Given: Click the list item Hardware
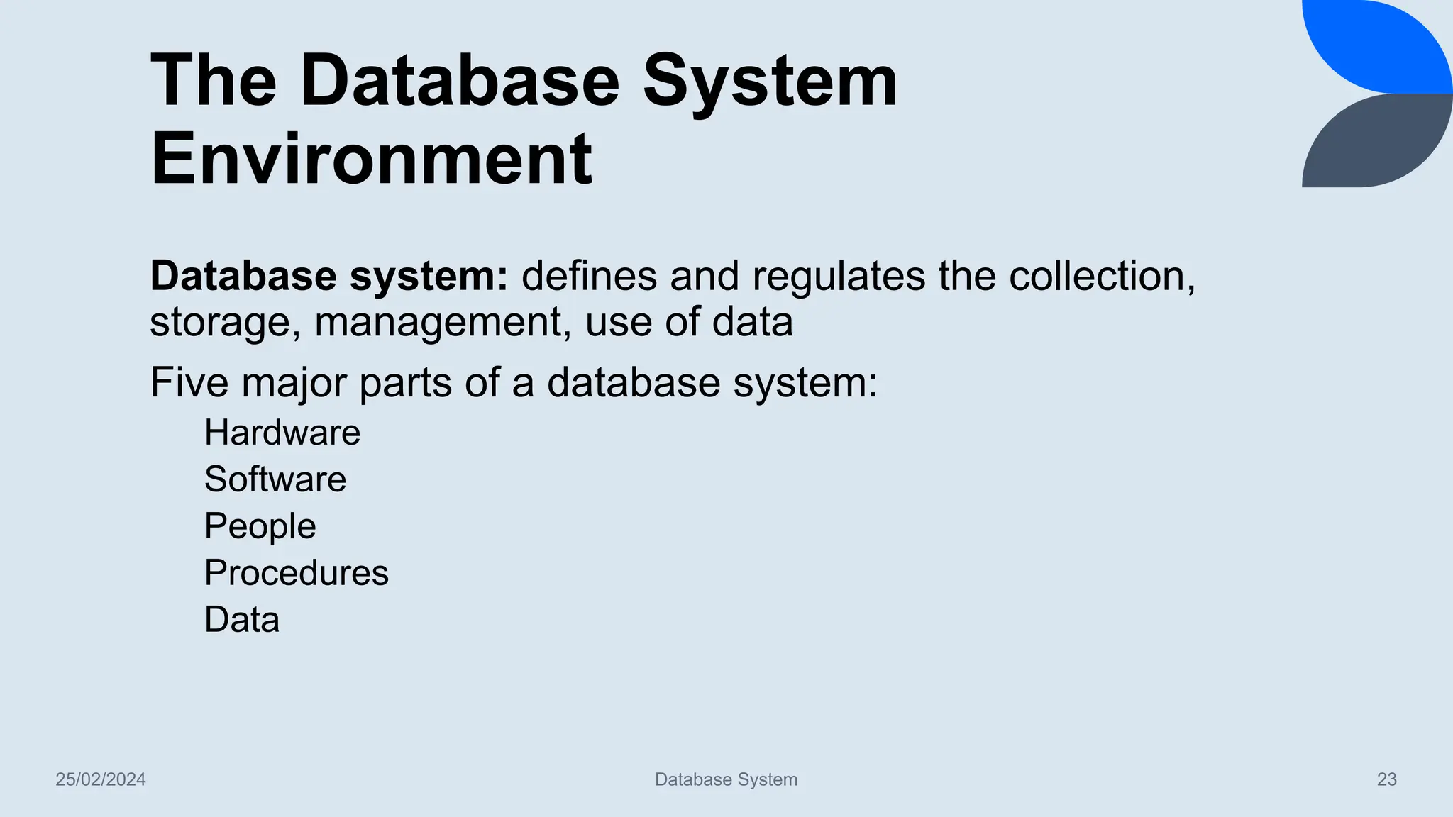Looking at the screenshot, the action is (x=282, y=433).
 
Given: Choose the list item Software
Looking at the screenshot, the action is (x=275, y=479).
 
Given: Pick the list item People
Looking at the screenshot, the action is (x=260, y=526).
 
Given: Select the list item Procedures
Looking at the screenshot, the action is (x=297, y=573).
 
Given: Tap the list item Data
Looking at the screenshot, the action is (x=242, y=620).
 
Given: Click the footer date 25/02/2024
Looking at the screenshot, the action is (x=101, y=779).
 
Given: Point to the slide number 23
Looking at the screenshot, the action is (x=1387, y=779).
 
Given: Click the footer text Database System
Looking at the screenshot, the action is (x=726, y=779).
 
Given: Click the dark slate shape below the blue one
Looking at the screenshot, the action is (x=1376, y=145).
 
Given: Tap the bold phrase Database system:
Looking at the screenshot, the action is (x=329, y=276).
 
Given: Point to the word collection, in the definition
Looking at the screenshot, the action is (x=1103, y=276).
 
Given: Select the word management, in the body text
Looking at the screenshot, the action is (x=443, y=322).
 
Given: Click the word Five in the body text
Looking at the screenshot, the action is (x=189, y=383).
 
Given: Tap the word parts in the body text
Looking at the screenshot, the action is (x=405, y=383).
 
